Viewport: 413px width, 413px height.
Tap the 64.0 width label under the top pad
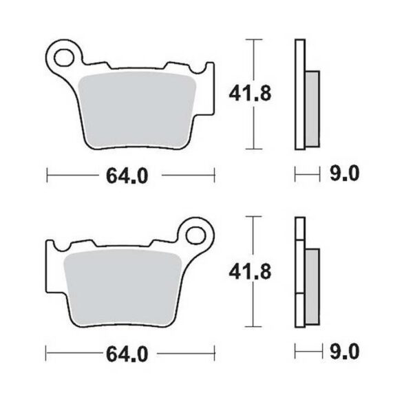pos(127,176)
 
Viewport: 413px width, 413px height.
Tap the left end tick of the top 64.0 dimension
pos(46,176)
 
